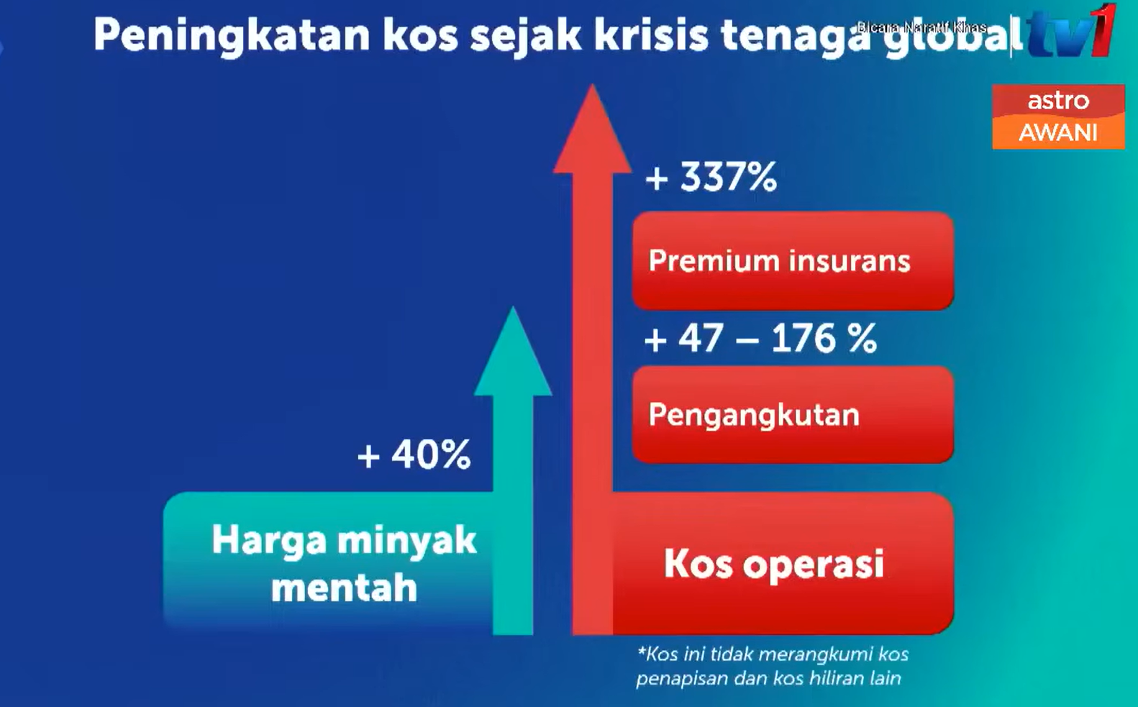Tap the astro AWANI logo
[x=1058, y=117]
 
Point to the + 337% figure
[x=711, y=177]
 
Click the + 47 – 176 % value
[x=760, y=339]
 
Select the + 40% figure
[x=414, y=455]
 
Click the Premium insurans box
[x=793, y=261]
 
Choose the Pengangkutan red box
[x=793, y=414]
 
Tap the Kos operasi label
[x=773, y=564]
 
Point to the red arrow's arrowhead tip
[x=592, y=84]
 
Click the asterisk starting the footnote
[x=642, y=652]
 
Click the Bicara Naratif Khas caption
[x=921, y=27]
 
